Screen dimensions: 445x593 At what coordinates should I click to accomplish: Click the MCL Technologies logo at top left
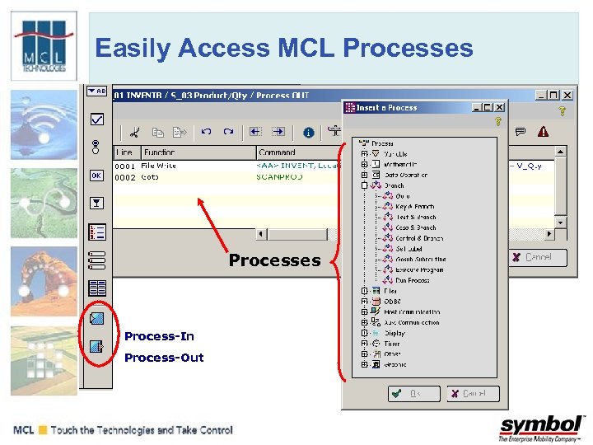44,46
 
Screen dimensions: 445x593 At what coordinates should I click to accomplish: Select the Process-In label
159,336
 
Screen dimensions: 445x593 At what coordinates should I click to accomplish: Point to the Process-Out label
164,358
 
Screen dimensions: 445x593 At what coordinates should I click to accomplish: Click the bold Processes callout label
274,260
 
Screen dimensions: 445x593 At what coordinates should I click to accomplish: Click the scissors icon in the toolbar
135,132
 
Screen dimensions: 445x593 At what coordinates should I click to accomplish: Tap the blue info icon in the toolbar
308,132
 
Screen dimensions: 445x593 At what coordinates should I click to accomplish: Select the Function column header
159,152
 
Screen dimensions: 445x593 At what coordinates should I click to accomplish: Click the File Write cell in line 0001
158,166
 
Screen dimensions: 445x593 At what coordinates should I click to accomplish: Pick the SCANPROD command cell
279,177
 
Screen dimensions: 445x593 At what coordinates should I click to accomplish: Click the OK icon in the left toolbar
96,176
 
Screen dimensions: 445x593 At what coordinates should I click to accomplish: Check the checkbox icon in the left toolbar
96,119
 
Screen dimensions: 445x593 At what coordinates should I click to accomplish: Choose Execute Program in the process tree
419,270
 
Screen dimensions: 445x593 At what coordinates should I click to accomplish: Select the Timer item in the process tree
391,344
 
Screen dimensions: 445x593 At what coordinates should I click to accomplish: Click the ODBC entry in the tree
391,302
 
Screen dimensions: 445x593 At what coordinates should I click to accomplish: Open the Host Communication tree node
411,312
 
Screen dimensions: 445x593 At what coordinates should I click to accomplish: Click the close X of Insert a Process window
498,107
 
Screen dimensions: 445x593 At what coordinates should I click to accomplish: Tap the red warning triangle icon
543,131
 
